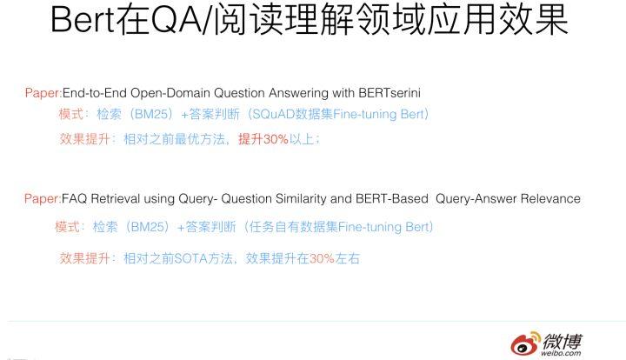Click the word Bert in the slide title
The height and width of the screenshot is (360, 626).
[x=83, y=19]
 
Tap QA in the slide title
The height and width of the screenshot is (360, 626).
[x=176, y=19]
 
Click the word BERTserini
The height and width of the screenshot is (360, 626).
[x=390, y=93]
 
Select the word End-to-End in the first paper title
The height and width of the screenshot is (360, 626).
[x=95, y=93]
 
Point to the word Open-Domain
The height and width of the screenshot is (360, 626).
[x=170, y=93]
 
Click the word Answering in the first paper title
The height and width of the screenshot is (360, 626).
[x=298, y=94]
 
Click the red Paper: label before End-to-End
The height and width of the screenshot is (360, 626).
[x=43, y=93]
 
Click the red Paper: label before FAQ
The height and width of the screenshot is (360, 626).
[x=43, y=199]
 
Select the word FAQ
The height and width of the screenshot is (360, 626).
[x=74, y=199]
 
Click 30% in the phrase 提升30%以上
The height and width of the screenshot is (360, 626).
[x=276, y=139]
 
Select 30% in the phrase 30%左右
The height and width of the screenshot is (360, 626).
[x=322, y=258]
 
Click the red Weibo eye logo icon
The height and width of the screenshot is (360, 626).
[x=525, y=343]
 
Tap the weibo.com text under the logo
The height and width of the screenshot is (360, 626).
[x=562, y=353]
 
